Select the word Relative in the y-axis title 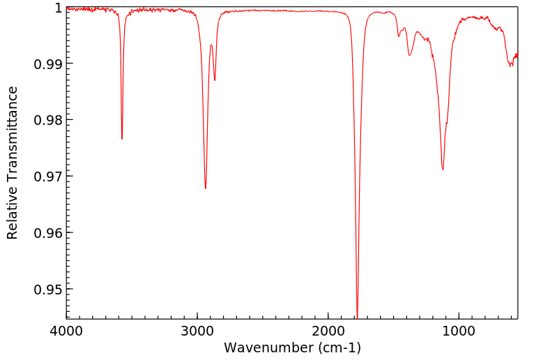(x=13, y=213)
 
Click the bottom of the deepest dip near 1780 (x=357, y=317)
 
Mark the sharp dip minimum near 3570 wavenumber (x=122, y=139)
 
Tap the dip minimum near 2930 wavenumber (x=205, y=188)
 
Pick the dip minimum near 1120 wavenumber (x=443, y=170)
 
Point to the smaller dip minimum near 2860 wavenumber (x=215, y=80)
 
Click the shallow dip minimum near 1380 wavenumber (x=409, y=55)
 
